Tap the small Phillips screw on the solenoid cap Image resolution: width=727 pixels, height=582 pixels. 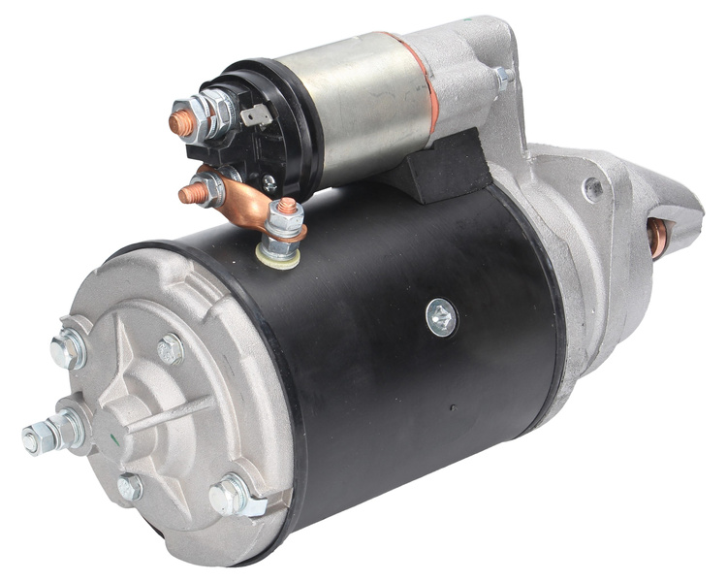point(269,180)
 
